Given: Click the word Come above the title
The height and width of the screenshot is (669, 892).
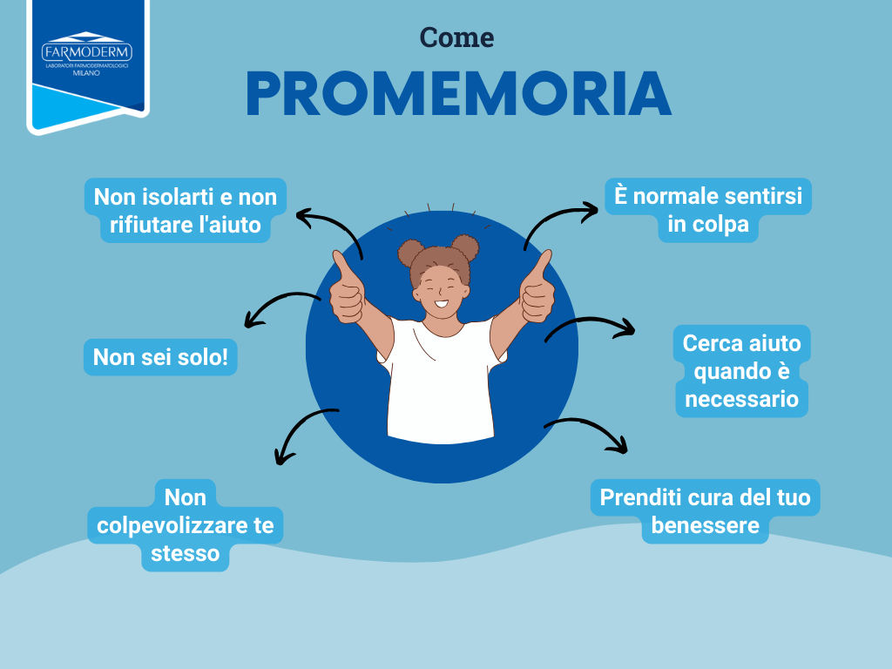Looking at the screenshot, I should [456, 37].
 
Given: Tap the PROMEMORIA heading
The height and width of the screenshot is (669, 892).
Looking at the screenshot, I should [458, 93].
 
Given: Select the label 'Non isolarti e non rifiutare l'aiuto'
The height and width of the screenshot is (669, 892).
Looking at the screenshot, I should [185, 210].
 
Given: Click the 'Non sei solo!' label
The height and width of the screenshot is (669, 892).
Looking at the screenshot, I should [160, 357].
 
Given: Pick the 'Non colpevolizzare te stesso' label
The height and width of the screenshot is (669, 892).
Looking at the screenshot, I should [185, 525].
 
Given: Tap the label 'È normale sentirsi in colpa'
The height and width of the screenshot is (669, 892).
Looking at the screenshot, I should [707, 209].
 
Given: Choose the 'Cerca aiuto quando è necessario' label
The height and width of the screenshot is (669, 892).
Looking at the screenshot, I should [741, 370].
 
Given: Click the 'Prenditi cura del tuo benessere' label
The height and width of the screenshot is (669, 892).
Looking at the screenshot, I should [706, 511].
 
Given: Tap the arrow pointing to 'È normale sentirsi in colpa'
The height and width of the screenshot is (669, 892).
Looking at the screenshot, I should [557, 221].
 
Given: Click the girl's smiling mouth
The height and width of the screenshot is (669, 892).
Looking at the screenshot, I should [442, 304].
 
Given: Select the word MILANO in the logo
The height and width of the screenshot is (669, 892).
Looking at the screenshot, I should [87, 74].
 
